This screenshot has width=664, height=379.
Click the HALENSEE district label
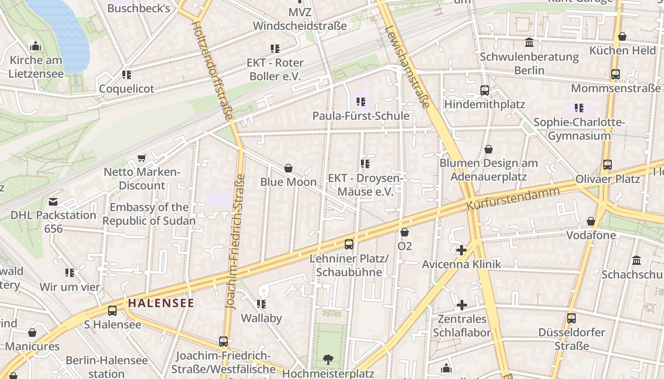click(x=161, y=303)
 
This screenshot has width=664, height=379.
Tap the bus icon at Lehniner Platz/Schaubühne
click(x=349, y=244)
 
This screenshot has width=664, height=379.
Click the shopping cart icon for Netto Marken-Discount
click(x=141, y=158)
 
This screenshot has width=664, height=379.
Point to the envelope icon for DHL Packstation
click(x=53, y=202)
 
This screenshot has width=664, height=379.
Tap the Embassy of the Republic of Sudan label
click(x=149, y=214)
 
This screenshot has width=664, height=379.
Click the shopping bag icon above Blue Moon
click(x=288, y=168)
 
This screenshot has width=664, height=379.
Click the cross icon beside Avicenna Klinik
click(x=461, y=250)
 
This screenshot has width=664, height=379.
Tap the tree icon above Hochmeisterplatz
click(x=328, y=360)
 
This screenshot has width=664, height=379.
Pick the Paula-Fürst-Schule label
click(x=360, y=116)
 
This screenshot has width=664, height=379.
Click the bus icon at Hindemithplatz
click(x=484, y=90)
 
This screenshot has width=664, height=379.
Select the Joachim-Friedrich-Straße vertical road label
click(x=235, y=242)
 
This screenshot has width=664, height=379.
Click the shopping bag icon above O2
click(x=405, y=232)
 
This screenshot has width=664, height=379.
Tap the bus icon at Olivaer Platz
click(x=608, y=165)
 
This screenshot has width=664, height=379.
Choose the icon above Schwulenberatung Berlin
click(x=529, y=43)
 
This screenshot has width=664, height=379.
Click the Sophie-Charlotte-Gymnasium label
click(x=579, y=129)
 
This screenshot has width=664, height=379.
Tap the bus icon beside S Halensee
click(x=112, y=311)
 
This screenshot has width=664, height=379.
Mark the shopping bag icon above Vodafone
click(x=591, y=221)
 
